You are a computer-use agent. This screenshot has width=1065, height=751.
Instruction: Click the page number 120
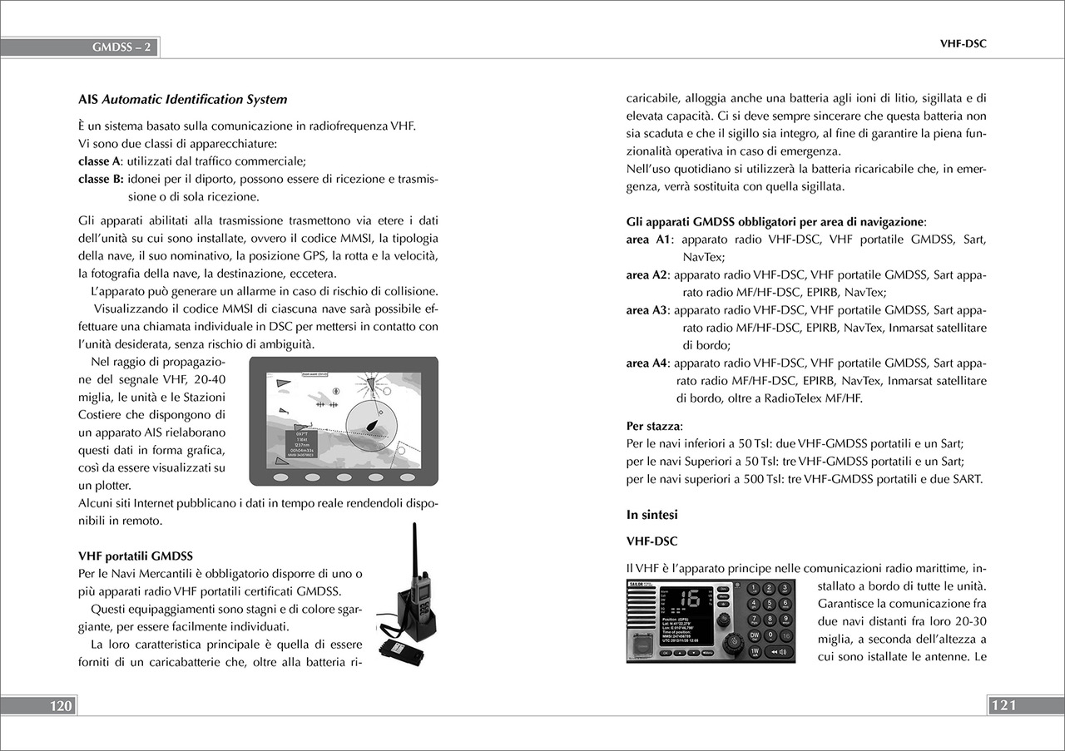(61, 706)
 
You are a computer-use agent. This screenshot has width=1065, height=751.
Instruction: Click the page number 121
(1003, 706)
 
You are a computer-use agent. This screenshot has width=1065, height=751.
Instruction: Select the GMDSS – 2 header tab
(121, 47)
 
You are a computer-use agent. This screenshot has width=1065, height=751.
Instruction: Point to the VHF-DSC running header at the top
(963, 44)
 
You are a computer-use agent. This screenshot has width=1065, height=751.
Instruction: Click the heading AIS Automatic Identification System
(182, 100)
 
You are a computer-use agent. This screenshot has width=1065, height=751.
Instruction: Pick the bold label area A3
(647, 310)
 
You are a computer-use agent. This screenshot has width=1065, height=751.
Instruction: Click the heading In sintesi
(651, 515)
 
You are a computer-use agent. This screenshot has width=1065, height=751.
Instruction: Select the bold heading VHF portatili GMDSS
(136, 556)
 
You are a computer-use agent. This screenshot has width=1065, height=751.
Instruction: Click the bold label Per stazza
(653, 427)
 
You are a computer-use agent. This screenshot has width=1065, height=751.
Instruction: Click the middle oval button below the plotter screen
(344, 478)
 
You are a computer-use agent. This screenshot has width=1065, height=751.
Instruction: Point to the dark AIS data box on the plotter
(306, 445)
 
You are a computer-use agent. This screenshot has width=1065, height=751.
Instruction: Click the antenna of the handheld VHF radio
(414, 550)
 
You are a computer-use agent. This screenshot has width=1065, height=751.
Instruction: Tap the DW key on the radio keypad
(754, 635)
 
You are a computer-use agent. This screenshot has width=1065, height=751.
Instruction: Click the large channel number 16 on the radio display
(689, 600)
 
